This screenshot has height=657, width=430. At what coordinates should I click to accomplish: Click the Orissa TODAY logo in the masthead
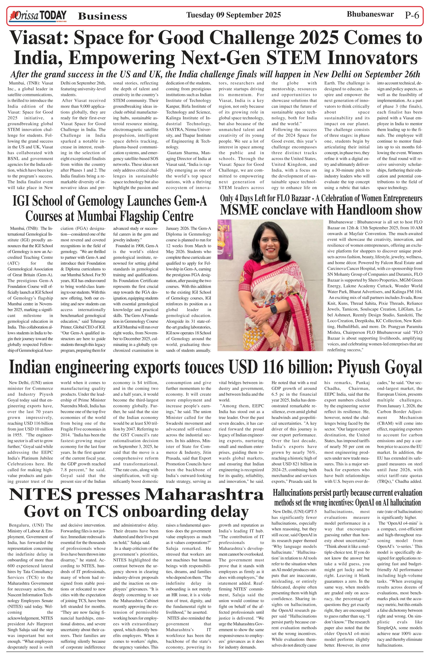[x=38, y=16]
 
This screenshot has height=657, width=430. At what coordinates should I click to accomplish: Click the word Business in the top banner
[x=102, y=16]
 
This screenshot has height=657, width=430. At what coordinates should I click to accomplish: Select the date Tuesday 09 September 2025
[x=234, y=15]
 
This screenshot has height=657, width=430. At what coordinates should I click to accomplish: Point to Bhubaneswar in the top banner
[x=370, y=14]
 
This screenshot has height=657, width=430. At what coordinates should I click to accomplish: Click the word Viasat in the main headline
[x=39, y=38]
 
